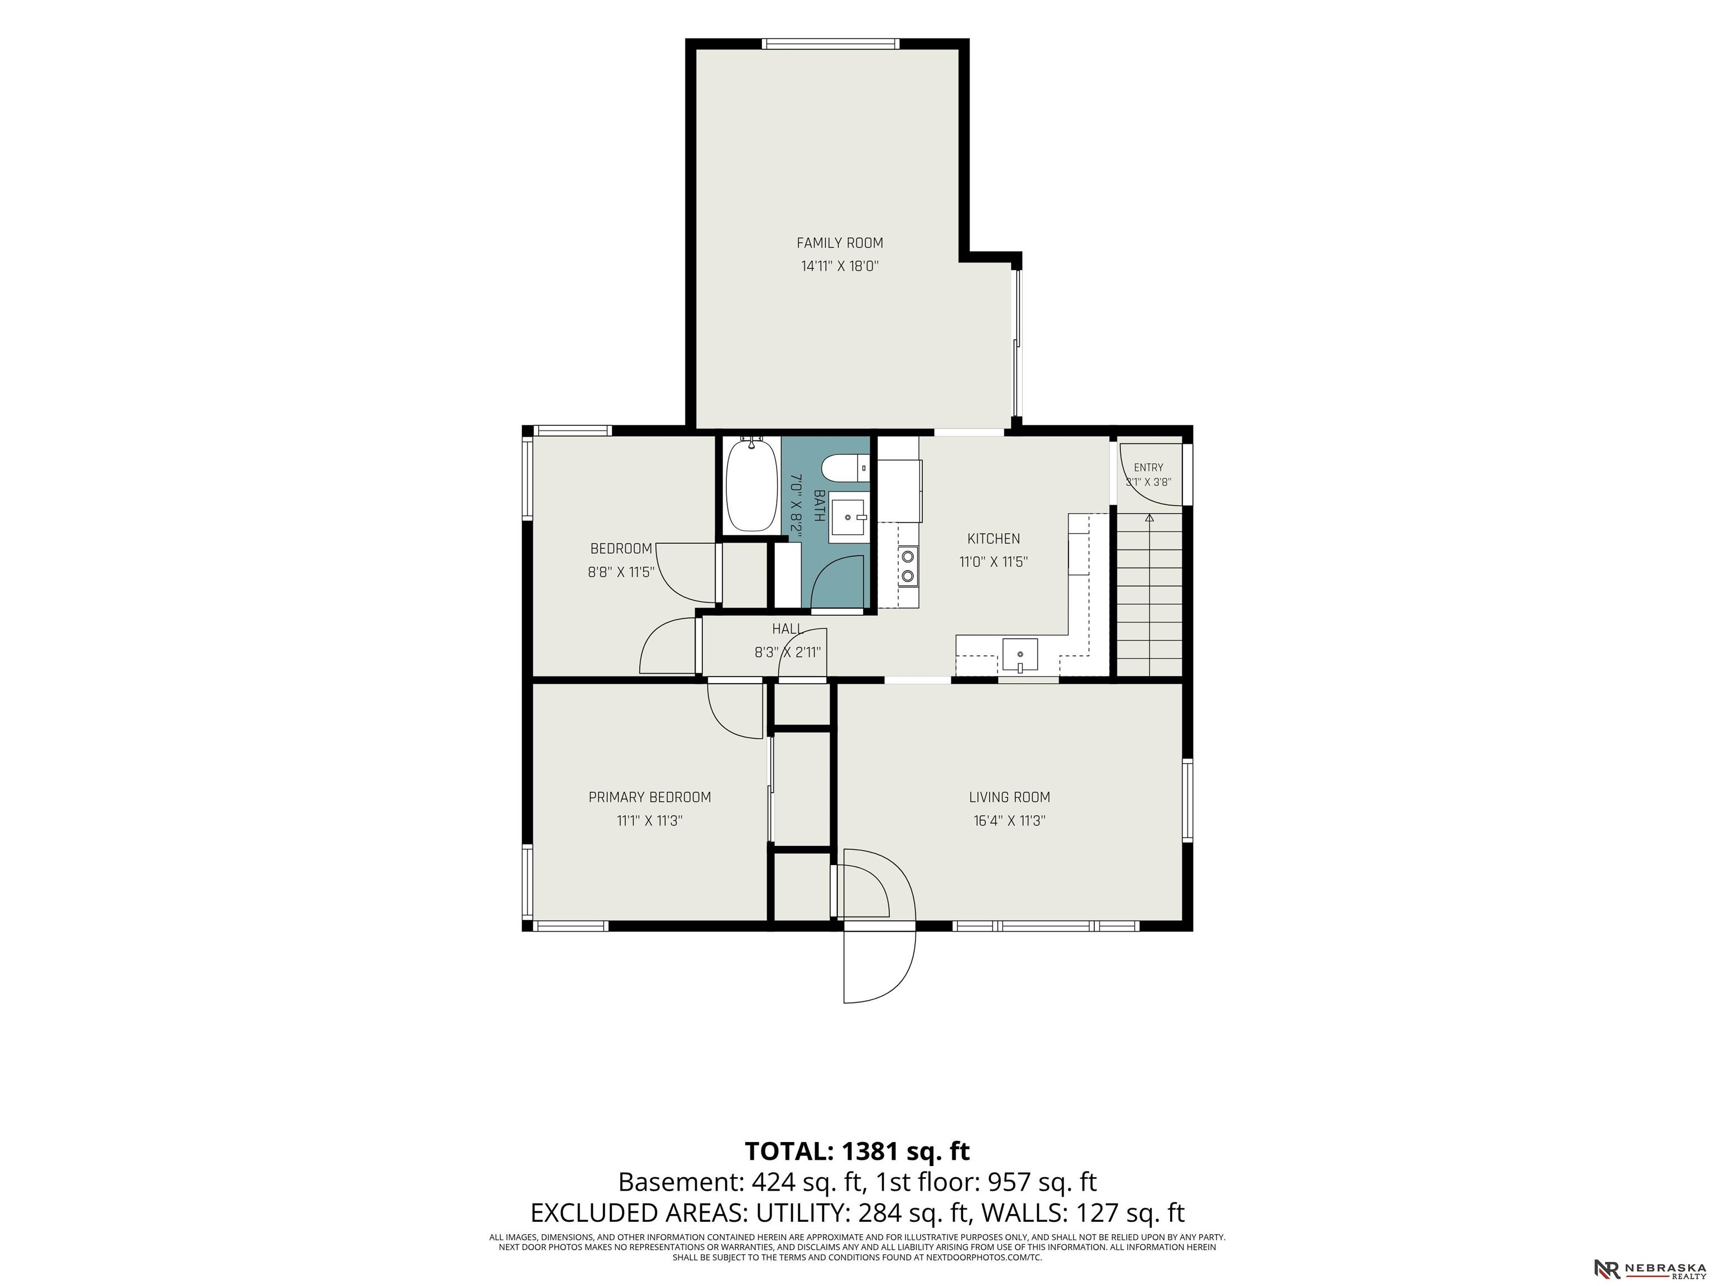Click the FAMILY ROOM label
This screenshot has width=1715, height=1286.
[840, 243]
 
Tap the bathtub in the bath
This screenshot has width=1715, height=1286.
[751, 484]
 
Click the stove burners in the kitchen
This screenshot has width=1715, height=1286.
[907, 565]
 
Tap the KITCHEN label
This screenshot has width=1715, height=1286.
[993, 539]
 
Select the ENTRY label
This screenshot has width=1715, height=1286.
[1148, 467]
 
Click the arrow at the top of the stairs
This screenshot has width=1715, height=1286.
[1150, 517]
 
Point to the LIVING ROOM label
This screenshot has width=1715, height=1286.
[1009, 797]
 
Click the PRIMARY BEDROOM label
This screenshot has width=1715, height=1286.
[650, 797]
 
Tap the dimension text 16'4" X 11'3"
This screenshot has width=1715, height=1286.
[1009, 821]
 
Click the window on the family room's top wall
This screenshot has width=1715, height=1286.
[832, 44]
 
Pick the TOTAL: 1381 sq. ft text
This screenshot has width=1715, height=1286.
[857, 1150]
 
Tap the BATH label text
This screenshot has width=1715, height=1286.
[819, 505]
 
